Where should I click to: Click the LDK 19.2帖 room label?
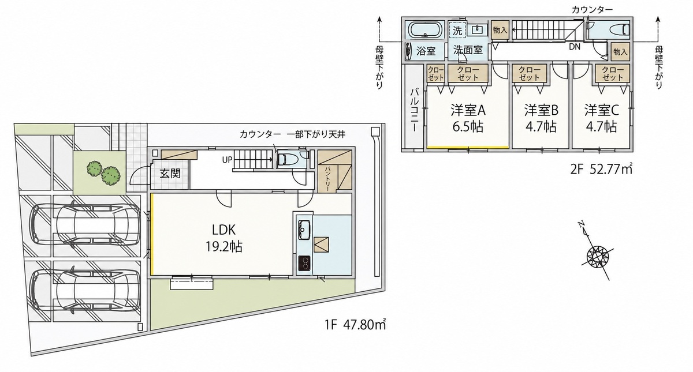(x=224, y=238)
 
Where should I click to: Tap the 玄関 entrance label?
(x=170, y=174)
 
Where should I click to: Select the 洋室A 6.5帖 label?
(x=468, y=118)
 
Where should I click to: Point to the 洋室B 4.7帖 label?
(x=541, y=118)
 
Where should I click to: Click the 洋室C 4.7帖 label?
(x=601, y=118)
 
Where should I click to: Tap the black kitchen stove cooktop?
(x=304, y=263)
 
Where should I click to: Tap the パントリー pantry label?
(x=328, y=179)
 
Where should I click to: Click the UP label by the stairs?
(x=227, y=160)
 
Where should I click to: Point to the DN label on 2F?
(x=575, y=47)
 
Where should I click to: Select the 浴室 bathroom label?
(x=426, y=51)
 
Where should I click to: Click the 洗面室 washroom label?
(x=468, y=50)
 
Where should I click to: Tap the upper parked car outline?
(x=84, y=224)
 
